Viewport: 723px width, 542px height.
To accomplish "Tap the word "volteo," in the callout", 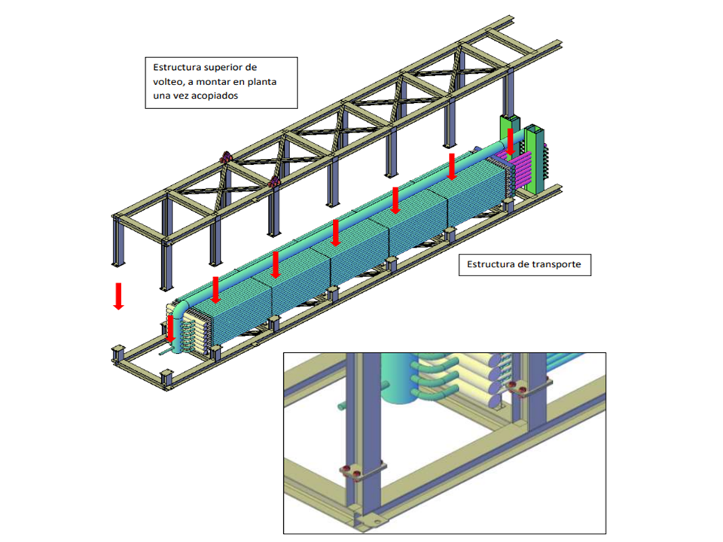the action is (x=168, y=82).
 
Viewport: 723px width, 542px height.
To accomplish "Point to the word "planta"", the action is (x=262, y=82).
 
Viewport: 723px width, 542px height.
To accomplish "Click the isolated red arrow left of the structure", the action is (x=118, y=296).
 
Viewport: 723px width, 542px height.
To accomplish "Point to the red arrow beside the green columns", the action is (x=511, y=142).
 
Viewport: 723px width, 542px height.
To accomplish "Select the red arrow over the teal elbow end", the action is (x=171, y=329).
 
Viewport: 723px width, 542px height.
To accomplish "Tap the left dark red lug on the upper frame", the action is (x=227, y=157).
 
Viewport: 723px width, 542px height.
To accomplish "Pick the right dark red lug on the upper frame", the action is (x=274, y=182).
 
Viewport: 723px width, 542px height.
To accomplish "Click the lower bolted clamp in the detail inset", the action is (x=362, y=472).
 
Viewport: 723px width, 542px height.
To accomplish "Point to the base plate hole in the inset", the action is (x=377, y=522).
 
